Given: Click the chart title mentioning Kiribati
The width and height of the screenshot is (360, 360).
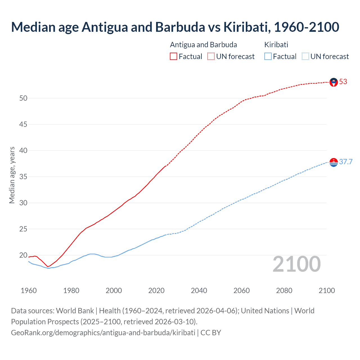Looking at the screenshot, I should pyautogui.click(x=175, y=27).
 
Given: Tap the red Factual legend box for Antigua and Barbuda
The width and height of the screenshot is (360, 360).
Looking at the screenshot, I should pyautogui.click(x=174, y=57).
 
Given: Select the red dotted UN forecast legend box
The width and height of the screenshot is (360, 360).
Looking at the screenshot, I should pyautogui.click(x=211, y=57).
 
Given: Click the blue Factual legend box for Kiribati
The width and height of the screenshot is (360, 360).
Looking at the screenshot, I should pyautogui.click(x=268, y=57).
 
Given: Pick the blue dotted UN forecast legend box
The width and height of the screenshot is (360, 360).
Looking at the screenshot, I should pyautogui.click(x=305, y=57).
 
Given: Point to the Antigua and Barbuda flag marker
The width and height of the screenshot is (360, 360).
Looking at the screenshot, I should pyautogui.click(x=334, y=82).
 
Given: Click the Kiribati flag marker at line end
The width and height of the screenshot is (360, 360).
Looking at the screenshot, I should pyautogui.click(x=334, y=162).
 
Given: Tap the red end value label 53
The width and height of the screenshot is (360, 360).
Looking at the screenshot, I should pyautogui.click(x=343, y=82).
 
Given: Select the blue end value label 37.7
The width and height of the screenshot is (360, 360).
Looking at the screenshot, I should pyautogui.click(x=346, y=162).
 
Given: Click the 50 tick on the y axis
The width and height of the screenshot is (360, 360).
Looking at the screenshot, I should pyautogui.click(x=23, y=98).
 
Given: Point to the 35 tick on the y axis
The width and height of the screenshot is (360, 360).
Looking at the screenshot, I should pyautogui.click(x=23, y=177).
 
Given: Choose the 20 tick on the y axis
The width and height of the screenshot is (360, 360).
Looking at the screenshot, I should pyautogui.click(x=23, y=255).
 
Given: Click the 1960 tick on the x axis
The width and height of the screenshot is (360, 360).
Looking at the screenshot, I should pyautogui.click(x=29, y=291).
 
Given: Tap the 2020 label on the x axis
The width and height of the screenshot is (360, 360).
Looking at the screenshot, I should pyautogui.click(x=156, y=291).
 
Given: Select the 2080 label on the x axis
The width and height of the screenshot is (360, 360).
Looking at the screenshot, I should pyautogui.click(x=284, y=291).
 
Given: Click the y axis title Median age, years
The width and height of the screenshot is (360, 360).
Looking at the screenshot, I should pyautogui.click(x=12, y=175).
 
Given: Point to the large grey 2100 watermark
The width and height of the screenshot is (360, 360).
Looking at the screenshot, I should pyautogui.click(x=297, y=264).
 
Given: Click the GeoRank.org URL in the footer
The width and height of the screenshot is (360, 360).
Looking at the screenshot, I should pyautogui.click(x=103, y=333).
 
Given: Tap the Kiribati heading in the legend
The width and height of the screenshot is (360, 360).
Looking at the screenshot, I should pyautogui.click(x=276, y=45).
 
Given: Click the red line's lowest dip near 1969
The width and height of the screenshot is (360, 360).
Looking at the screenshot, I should pyautogui.click(x=48, y=266).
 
